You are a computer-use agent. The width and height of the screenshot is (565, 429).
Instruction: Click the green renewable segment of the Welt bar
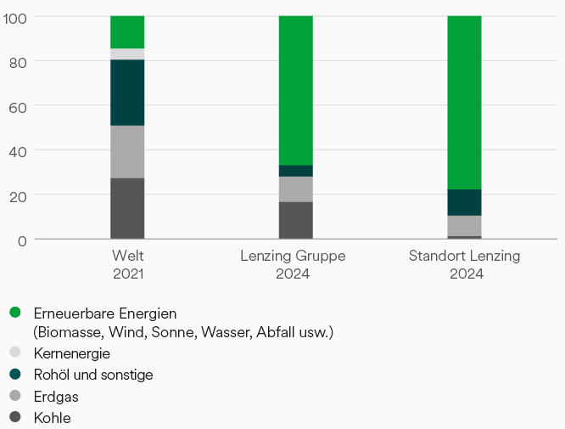(127, 32)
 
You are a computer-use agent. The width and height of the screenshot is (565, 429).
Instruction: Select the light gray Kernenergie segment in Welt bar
(127, 54)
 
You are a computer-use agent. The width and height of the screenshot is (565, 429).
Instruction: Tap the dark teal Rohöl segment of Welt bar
(127, 93)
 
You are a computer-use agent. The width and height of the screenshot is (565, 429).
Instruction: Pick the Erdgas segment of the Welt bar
(127, 152)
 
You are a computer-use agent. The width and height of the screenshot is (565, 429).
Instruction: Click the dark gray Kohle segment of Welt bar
(127, 208)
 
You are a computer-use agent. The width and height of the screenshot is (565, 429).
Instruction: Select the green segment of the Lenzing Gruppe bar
(295, 90)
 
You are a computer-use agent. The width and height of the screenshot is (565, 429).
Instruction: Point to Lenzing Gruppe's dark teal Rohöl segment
(295, 171)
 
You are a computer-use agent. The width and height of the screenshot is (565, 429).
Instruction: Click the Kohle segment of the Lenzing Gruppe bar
(295, 220)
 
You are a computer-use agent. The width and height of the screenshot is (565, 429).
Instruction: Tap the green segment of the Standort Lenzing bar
(464, 102)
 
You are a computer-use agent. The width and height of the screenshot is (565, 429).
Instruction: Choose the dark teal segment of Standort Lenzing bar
(464, 202)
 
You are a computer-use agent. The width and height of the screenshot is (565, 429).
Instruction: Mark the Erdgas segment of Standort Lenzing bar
(464, 226)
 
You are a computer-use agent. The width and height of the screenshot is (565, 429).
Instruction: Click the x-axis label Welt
(127, 256)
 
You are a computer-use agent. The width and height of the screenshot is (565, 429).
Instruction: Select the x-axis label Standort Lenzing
(464, 256)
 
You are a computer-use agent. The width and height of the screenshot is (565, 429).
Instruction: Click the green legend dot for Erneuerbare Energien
(15, 313)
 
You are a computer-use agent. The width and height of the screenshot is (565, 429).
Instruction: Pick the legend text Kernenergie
(71, 353)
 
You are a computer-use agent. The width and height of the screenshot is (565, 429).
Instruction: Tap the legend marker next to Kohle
(15, 417)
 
